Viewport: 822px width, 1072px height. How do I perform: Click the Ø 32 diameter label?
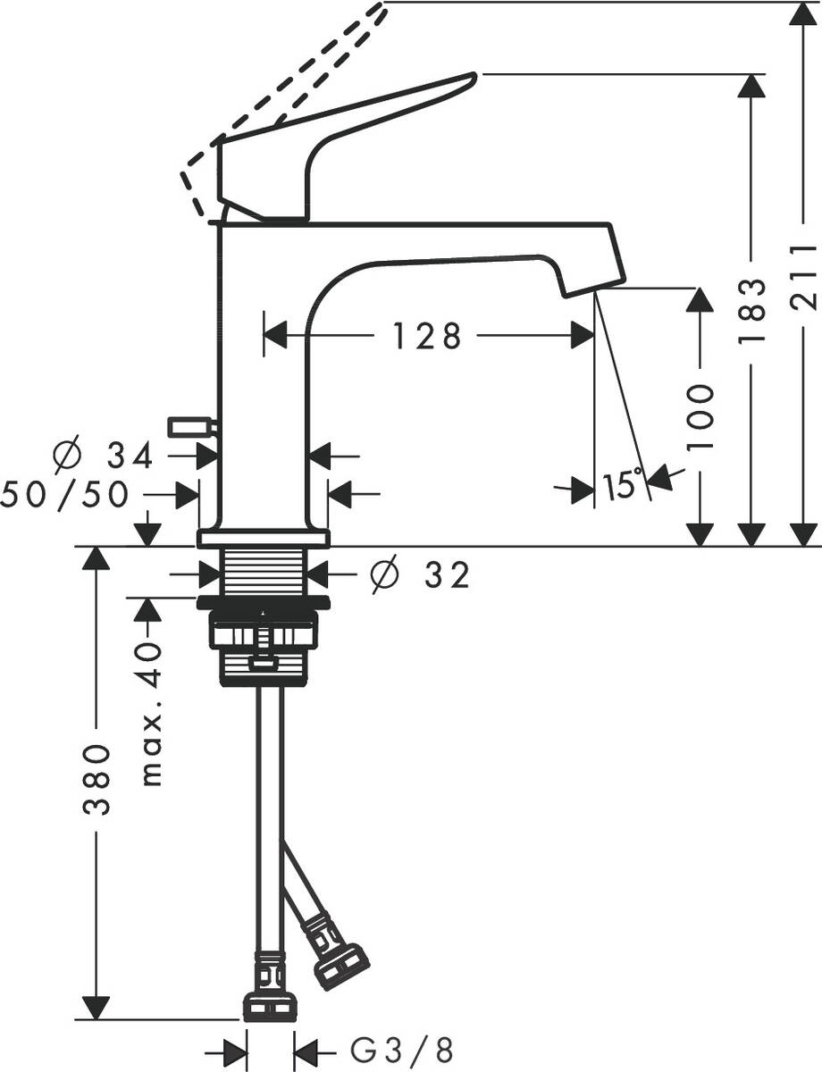tap(420, 576)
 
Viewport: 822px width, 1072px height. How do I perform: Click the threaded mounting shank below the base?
tap(264, 572)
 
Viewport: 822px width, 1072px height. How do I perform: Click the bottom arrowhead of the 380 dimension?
tap(96, 1005)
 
